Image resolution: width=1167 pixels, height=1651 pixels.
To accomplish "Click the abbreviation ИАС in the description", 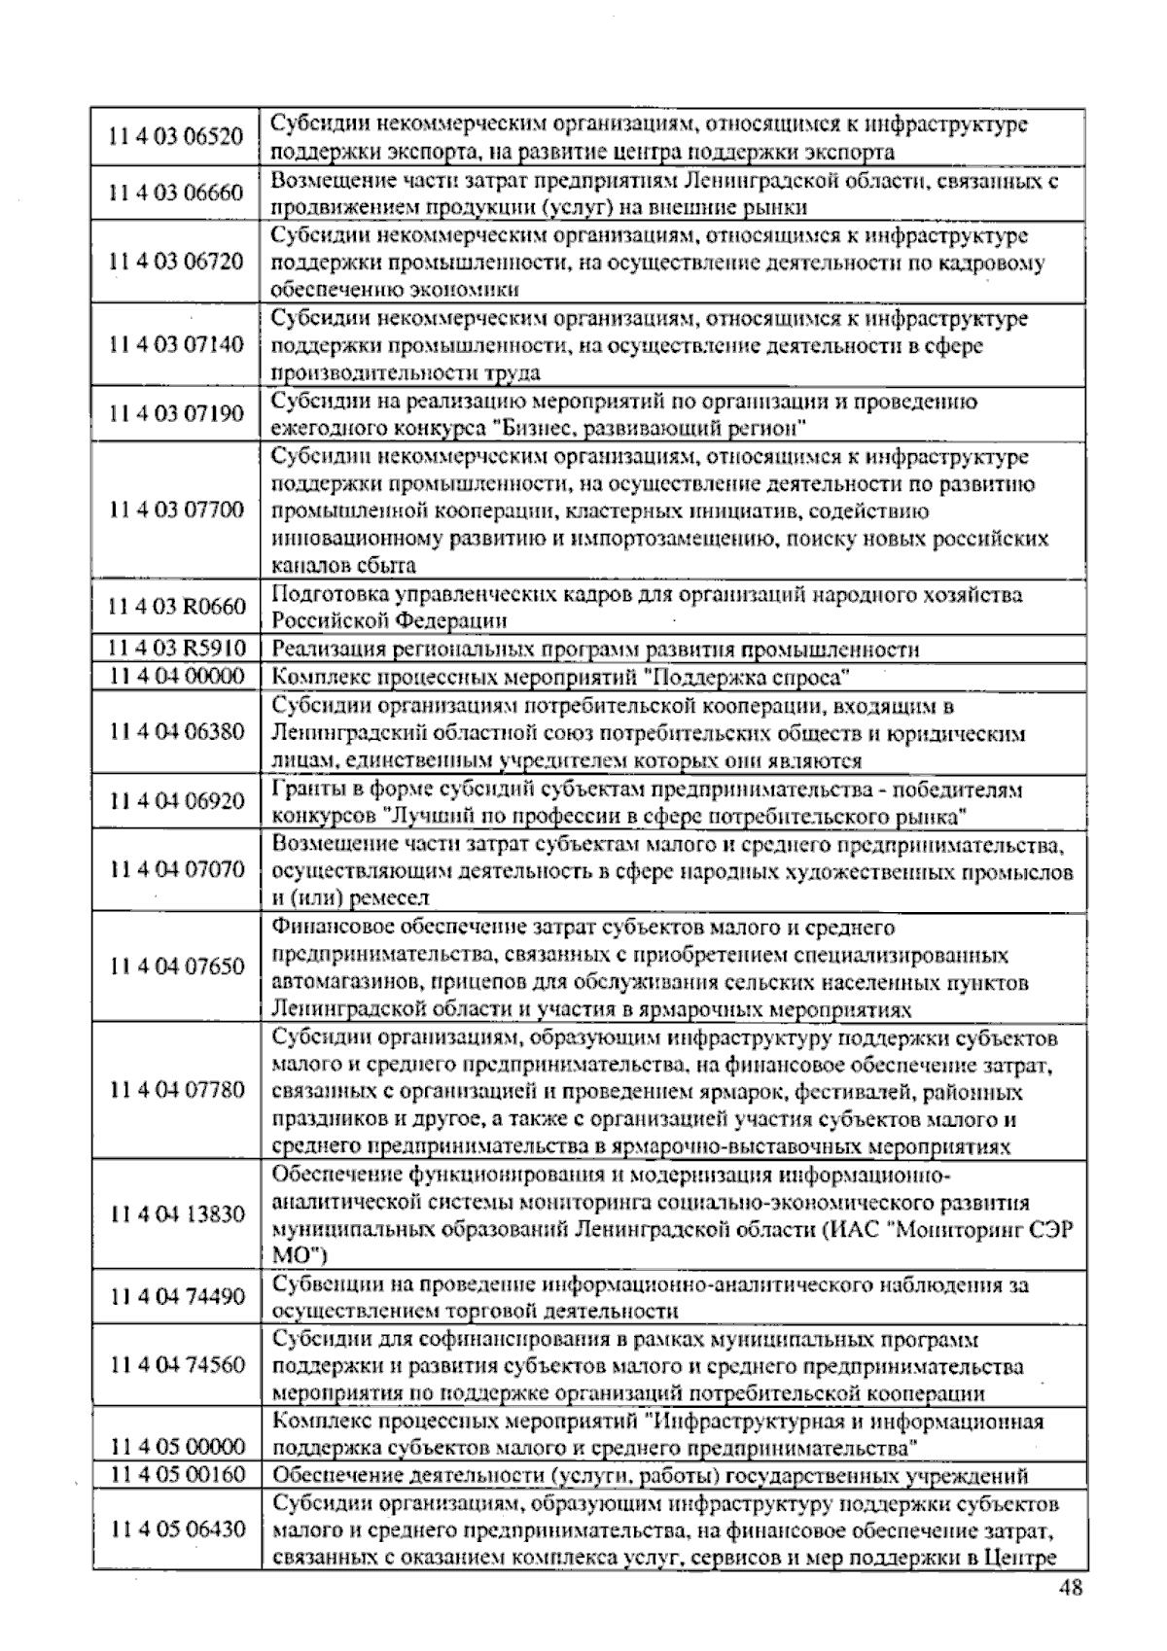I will pyautogui.click(x=857, y=1229).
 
